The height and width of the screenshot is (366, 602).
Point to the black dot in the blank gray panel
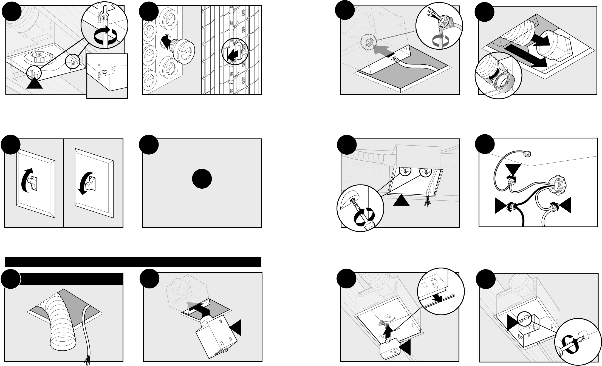202,179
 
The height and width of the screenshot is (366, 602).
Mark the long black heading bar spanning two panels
133,262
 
